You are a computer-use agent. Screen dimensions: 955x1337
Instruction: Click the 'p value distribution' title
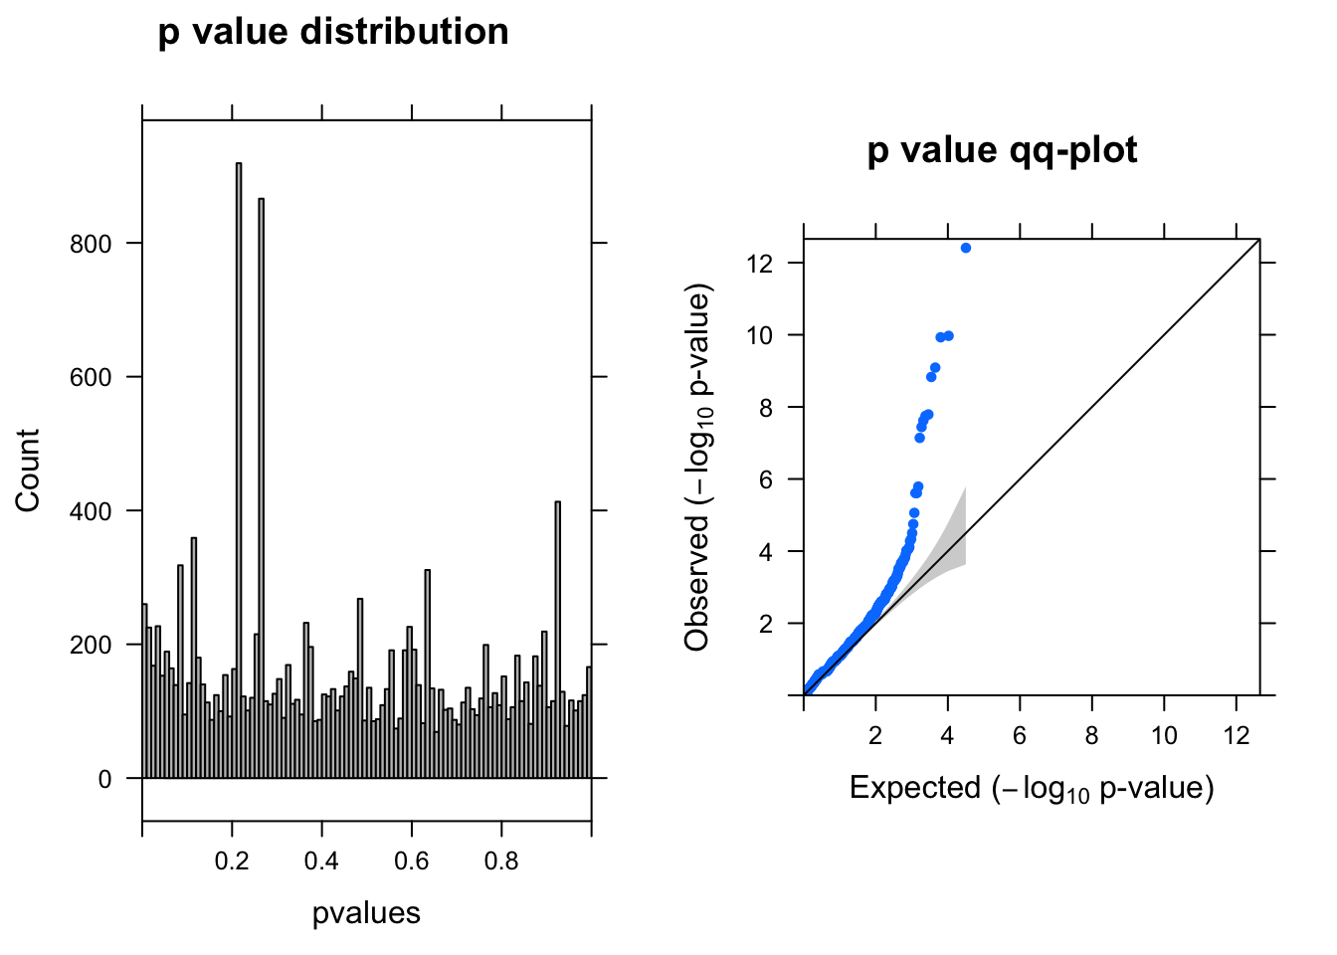[x=333, y=32]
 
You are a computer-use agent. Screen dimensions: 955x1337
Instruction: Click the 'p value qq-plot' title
[x=1002, y=150]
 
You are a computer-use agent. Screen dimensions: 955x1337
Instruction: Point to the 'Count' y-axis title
[x=28, y=471]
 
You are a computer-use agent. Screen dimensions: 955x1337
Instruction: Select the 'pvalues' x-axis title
[x=366, y=913]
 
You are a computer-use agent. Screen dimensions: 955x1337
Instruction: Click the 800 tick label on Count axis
[x=91, y=244]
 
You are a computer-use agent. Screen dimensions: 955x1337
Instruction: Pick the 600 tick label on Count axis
[x=91, y=378]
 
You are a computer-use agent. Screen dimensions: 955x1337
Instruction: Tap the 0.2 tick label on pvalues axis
[x=232, y=860]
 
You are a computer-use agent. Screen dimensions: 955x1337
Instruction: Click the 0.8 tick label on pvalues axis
[x=501, y=860]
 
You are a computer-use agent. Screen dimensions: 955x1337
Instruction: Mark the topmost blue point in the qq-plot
[x=966, y=248]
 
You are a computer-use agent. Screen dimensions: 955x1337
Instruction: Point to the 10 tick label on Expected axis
[x=1164, y=735]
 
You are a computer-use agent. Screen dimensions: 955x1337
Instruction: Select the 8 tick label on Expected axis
[x=1092, y=735]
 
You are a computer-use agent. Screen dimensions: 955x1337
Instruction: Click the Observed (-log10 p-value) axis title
[x=699, y=470]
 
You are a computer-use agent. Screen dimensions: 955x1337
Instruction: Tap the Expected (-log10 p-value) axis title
[x=1032, y=789]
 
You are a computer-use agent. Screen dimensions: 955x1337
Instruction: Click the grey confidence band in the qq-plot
[x=953, y=542]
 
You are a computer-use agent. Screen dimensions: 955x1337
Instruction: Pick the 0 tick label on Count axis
[x=105, y=780]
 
